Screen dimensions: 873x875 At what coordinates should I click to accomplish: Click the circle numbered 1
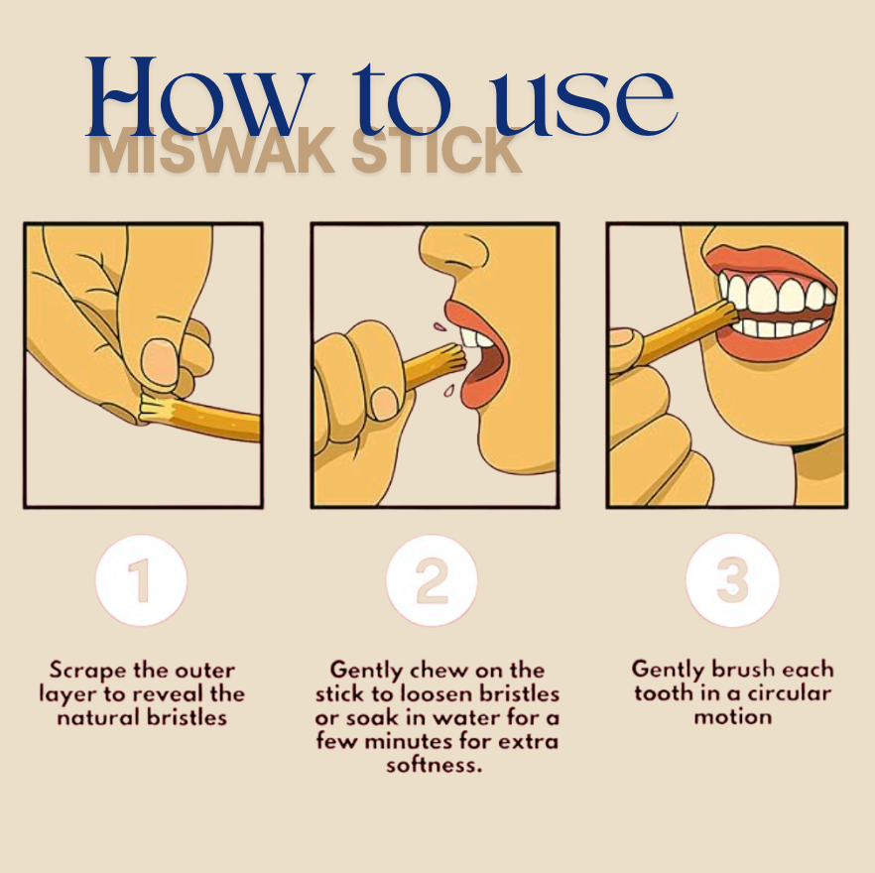(x=141, y=581)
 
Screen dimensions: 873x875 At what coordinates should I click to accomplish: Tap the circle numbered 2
(x=432, y=581)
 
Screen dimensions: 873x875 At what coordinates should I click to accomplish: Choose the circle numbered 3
(x=732, y=581)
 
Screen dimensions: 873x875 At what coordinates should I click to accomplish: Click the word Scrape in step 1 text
(x=88, y=671)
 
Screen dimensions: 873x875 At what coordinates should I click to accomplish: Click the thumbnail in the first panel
(x=159, y=363)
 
